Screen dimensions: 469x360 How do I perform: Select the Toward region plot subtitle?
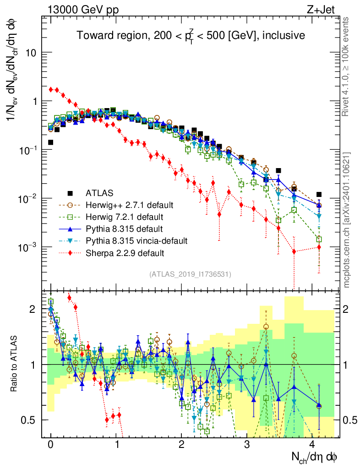coord(191,36)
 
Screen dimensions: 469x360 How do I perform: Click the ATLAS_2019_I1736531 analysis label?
coord(190,274)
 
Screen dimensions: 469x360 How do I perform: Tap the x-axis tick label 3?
coord(247,445)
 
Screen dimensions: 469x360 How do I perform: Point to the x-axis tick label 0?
coord(50,445)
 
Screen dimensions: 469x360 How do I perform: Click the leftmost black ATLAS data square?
coord(50,142)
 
